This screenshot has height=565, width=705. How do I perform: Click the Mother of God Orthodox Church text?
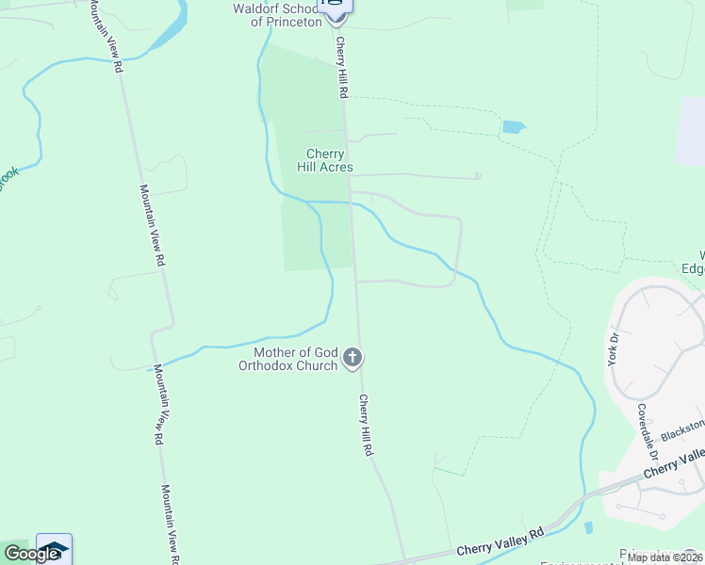click(x=287, y=359)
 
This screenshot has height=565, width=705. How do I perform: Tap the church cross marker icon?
click(x=352, y=358)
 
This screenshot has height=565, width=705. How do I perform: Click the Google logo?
click(x=31, y=554)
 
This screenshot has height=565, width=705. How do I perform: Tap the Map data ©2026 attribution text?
click(x=664, y=557)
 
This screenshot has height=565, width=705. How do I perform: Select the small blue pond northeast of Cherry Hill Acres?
click(x=514, y=126)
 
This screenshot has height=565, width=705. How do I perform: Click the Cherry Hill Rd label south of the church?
click(x=366, y=426)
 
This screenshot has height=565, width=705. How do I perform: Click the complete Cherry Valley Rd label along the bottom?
click(x=500, y=541)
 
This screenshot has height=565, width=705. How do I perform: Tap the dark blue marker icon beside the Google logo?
click(x=54, y=549)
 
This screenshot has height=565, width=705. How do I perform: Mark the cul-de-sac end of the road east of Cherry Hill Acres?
click(x=479, y=174)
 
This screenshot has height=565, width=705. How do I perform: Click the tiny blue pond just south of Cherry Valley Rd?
click(x=589, y=527)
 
